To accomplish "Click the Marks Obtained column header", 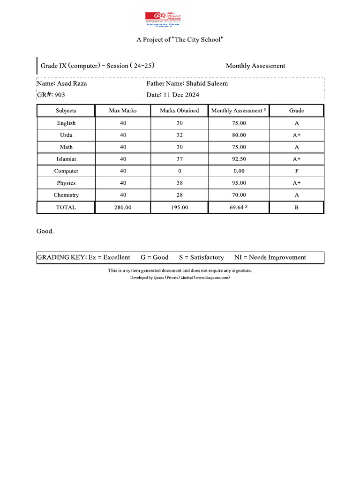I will pyautogui.click(x=180, y=111).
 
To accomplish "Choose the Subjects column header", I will pyautogui.click(x=66, y=111).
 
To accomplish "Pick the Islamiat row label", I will pyautogui.click(x=66, y=159).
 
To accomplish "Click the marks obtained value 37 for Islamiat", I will pyautogui.click(x=180, y=159).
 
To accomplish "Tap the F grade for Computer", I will pyautogui.click(x=296, y=171).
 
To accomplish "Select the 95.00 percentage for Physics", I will pyautogui.click(x=239, y=183).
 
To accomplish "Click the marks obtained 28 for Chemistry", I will pyautogui.click(x=180, y=195).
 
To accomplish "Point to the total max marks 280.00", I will pyautogui.click(x=123, y=207).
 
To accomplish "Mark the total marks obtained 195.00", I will pyautogui.click(x=180, y=207).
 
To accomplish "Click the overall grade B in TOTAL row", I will pyautogui.click(x=296, y=207).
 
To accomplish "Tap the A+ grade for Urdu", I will pyautogui.click(x=296, y=135).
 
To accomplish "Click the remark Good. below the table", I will pyautogui.click(x=45, y=231).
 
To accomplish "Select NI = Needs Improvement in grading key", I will pyautogui.click(x=270, y=257).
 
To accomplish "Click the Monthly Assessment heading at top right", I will pyautogui.click(x=255, y=66).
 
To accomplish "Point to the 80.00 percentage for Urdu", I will pyautogui.click(x=239, y=135).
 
